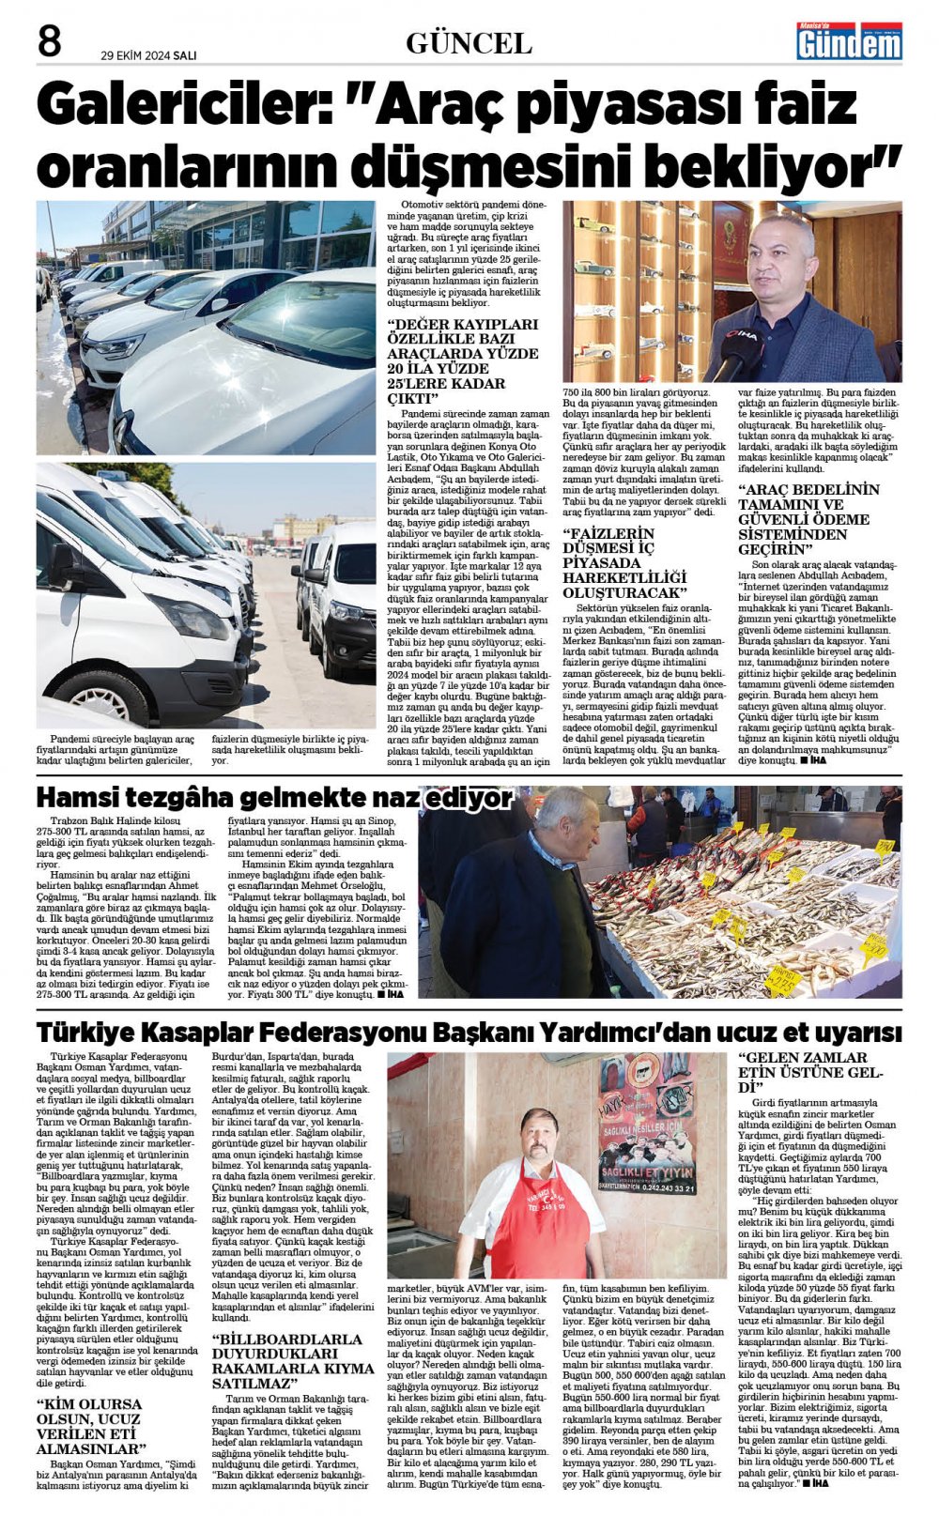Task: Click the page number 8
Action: coord(49,41)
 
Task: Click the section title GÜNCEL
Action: coord(469,43)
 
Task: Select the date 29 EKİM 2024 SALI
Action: coord(148,55)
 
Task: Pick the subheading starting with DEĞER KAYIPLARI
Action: coord(463,360)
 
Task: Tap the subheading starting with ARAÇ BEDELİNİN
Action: coord(808,518)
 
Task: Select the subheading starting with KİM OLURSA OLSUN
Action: coord(90,1426)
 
